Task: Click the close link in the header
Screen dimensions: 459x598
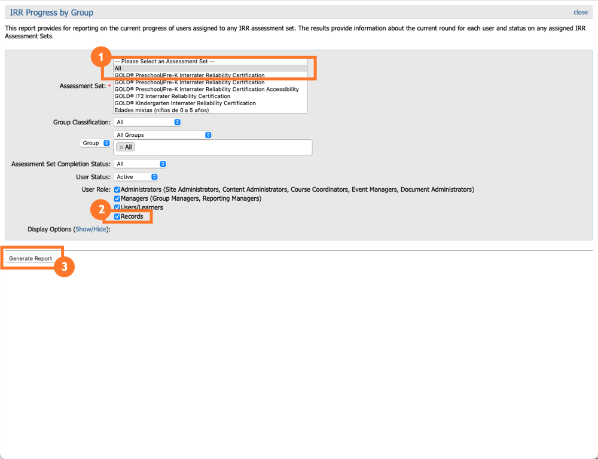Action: (580, 12)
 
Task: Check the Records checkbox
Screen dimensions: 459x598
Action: (118, 216)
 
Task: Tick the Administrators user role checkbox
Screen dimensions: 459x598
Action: (118, 189)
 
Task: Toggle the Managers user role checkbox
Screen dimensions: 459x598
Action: (118, 198)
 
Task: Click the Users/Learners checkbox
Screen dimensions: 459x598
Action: (118, 207)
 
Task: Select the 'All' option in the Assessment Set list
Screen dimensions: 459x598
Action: (118, 68)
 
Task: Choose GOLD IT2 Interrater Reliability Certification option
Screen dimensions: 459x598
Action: (172, 96)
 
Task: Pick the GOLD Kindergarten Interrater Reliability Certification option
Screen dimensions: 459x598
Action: (185, 103)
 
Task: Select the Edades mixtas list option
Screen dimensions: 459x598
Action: (161, 110)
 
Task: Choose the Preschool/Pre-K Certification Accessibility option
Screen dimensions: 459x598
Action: (206, 89)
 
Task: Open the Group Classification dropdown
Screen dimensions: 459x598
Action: (147, 122)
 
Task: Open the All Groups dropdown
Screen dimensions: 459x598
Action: (163, 135)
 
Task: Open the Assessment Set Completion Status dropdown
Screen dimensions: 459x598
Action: (140, 164)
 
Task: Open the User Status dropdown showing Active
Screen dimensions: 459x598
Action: (136, 177)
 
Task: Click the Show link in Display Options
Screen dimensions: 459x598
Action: (83, 229)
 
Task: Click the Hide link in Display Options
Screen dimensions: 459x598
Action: (100, 229)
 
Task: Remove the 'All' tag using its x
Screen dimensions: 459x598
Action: (121, 147)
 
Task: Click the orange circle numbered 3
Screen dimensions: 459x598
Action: (64, 267)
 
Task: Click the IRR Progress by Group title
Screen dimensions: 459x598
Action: (51, 12)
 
